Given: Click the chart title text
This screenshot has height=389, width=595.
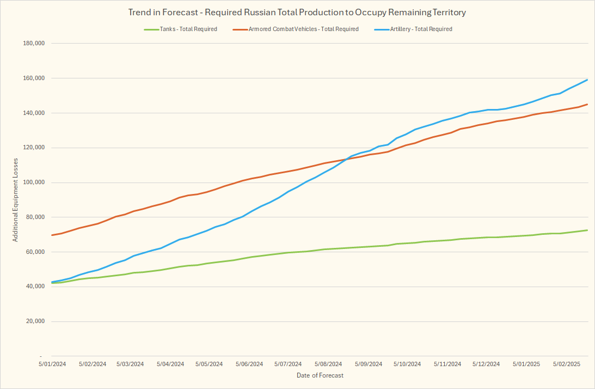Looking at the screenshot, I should point(298,12).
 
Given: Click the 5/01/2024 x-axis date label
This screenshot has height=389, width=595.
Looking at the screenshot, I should point(52,364).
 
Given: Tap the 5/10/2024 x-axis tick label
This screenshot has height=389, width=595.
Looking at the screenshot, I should point(407,364).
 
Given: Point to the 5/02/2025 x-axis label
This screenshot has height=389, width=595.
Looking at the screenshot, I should point(567,364).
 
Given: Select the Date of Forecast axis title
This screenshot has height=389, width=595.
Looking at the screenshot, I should point(320,375).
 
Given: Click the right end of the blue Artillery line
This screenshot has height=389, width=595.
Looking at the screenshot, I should point(587,80).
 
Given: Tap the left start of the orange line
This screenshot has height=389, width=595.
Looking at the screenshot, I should point(52,235).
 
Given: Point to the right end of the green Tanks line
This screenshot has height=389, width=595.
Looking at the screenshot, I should point(587,230).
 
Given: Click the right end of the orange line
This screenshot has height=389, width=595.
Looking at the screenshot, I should point(587,104).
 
